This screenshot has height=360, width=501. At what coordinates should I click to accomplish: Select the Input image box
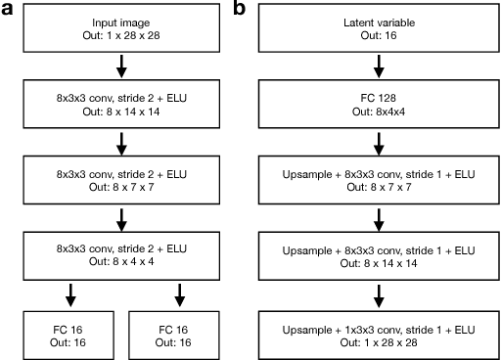pyautogui.click(x=122, y=28)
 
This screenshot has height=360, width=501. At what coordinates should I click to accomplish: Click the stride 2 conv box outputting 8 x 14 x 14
pyautogui.click(x=122, y=103)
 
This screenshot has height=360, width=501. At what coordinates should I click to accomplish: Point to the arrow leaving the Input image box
pyautogui.click(x=122, y=66)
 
